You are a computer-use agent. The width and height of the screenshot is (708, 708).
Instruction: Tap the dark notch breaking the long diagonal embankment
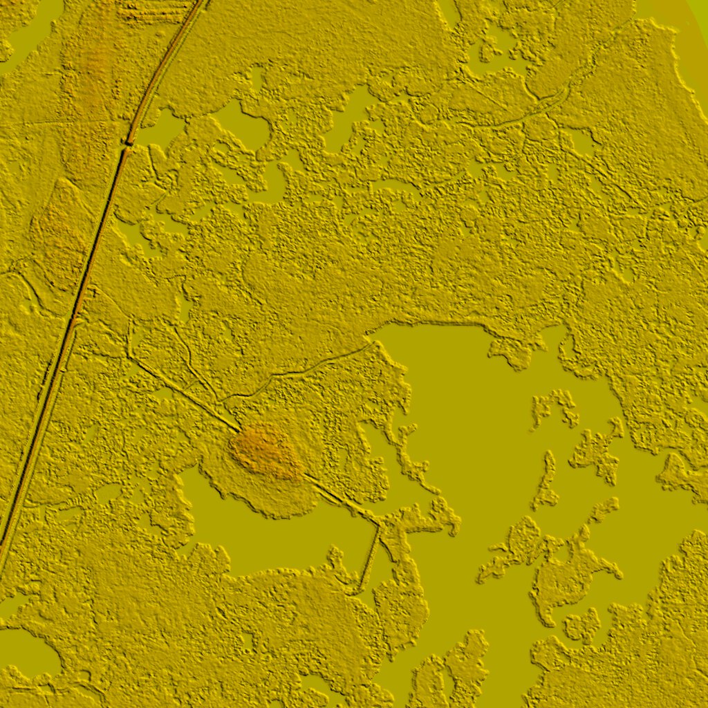(127, 144)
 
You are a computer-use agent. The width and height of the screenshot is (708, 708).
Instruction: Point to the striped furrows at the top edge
(156, 10)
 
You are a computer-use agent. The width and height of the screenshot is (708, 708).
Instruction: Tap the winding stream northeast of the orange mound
(304, 370)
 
